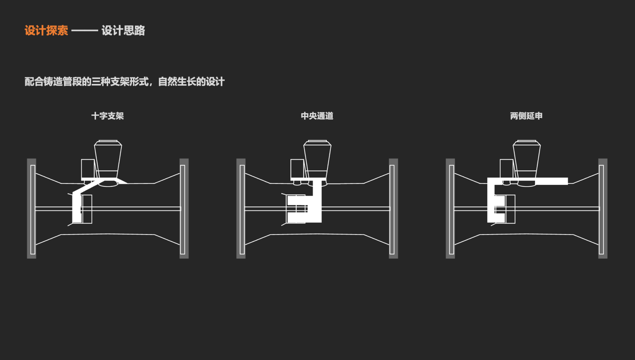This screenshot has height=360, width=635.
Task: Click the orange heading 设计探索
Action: click(x=46, y=30)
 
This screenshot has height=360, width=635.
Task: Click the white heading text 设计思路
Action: click(x=123, y=30)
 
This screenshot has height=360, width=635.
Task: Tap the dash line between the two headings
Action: click(x=85, y=31)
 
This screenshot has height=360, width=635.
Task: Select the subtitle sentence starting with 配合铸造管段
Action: click(x=125, y=81)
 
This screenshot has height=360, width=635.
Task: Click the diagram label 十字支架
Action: click(x=107, y=116)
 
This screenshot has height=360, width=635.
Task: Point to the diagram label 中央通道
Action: click(x=317, y=116)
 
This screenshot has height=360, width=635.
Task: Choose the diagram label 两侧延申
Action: click(x=526, y=116)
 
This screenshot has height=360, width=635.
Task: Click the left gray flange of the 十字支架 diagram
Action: click(x=31, y=208)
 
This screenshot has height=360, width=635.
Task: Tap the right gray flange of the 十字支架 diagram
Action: click(x=184, y=208)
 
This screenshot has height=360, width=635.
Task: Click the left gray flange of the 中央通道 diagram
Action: click(x=241, y=208)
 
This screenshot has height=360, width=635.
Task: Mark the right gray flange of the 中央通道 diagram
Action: click(x=393, y=208)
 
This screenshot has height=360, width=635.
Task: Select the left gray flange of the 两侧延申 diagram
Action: click(x=450, y=208)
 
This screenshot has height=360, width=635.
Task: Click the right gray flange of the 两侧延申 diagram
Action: click(x=603, y=208)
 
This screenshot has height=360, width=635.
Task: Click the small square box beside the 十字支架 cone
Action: click(x=88, y=169)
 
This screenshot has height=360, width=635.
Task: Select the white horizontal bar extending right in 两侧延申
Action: click(x=551, y=181)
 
